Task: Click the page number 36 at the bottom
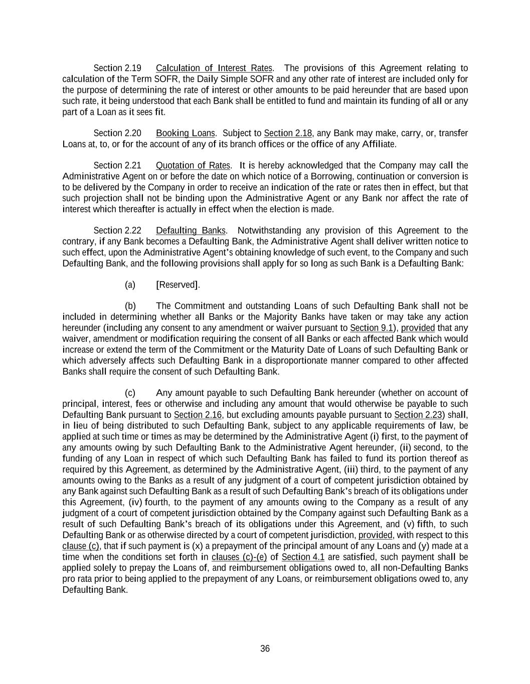point(265,648)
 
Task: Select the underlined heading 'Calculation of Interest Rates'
point(214,68)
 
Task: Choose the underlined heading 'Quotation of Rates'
point(193,165)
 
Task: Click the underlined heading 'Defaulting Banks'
point(191,231)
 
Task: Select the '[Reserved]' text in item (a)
point(178,285)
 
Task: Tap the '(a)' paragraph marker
point(130,285)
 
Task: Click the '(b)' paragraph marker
point(130,306)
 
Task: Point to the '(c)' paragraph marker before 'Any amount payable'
point(130,393)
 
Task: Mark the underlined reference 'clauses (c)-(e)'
point(239,557)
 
